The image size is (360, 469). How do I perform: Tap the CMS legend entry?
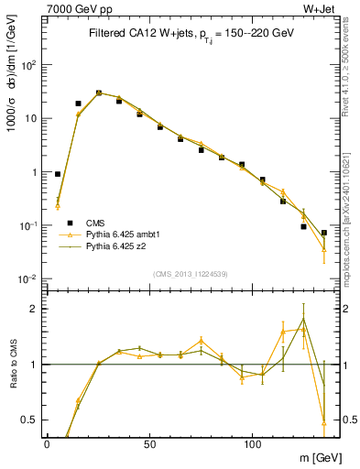[x=95, y=222]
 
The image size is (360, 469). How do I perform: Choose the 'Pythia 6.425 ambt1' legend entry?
[x=123, y=234]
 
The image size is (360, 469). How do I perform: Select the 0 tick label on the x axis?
[x=47, y=444]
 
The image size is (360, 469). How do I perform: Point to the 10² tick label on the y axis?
[x=29, y=65]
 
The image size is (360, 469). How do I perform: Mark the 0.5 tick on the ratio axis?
[x=30, y=420]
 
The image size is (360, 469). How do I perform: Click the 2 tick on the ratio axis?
[x=35, y=309]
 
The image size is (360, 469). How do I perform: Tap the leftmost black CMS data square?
[x=58, y=174]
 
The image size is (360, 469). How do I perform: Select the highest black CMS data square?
[x=99, y=93]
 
